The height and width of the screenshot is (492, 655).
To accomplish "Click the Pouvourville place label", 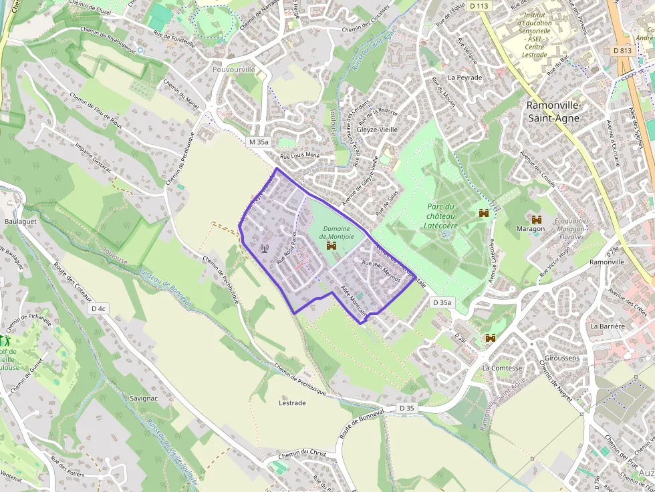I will (x=233, y=69).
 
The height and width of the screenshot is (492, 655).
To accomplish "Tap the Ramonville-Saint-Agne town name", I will (x=554, y=111).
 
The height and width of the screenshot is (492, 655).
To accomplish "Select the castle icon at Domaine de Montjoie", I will (x=330, y=246).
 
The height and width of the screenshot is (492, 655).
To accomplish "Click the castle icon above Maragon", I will (x=536, y=219).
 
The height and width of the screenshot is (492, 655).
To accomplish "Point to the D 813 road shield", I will (x=621, y=50).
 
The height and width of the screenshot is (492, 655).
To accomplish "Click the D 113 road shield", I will (x=479, y=6).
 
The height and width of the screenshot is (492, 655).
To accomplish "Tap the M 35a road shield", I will (x=258, y=142).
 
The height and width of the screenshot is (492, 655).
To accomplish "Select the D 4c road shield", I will (x=98, y=308).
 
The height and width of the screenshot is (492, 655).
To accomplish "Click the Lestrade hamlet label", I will (x=292, y=403).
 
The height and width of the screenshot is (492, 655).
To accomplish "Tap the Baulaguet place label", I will (x=20, y=221).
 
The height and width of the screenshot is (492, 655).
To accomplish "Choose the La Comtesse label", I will (x=502, y=368).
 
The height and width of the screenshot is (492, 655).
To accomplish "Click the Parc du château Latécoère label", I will (x=440, y=216).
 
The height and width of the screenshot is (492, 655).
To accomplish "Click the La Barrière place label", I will (x=607, y=326).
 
